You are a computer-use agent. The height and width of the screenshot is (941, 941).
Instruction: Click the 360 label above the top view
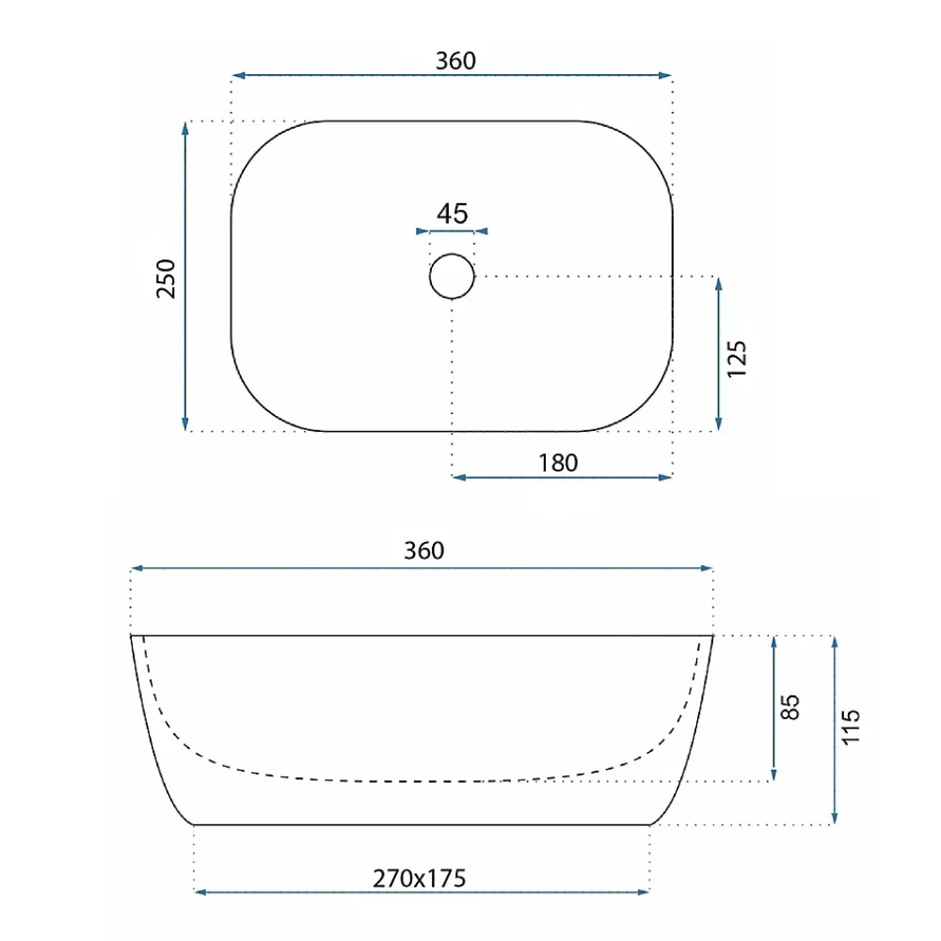455,60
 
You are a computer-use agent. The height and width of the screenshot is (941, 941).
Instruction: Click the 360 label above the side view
423,550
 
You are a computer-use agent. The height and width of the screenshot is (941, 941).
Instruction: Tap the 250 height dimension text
166,279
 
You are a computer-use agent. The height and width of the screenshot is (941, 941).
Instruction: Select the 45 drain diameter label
452,214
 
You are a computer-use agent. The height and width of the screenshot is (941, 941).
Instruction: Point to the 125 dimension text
737,359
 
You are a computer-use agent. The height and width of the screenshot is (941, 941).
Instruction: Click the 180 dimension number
558,463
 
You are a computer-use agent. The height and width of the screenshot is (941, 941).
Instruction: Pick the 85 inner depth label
789,707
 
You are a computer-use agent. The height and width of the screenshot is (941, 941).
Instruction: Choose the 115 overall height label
851,726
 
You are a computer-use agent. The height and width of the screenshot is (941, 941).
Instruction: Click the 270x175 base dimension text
419,878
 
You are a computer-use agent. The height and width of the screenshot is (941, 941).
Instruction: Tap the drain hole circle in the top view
452,254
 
